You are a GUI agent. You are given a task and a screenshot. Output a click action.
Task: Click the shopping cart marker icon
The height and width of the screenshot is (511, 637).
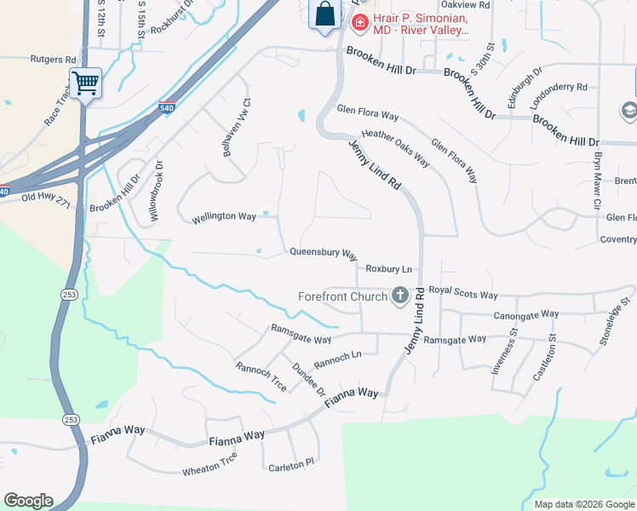pos(85,83)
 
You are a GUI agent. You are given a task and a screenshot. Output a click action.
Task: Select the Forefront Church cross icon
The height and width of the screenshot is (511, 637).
pos(399,296)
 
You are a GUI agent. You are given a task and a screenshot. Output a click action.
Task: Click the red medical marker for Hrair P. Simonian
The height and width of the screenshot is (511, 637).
pos(360,21)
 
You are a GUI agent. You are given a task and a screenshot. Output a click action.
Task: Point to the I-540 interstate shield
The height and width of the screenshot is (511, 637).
pos(167,108)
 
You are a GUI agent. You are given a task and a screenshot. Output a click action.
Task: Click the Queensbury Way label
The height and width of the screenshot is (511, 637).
pos(323,253)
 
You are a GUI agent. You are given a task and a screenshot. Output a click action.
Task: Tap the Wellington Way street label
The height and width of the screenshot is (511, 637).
pos(223,216)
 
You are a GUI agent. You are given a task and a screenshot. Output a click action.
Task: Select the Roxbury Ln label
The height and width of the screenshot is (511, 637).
pos(388,268)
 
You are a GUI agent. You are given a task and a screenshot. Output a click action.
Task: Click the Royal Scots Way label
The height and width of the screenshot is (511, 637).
pos(462,295)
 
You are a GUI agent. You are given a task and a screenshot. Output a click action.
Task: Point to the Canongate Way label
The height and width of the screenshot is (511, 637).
pos(526,314)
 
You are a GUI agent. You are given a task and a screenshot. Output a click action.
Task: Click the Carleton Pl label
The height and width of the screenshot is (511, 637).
pos(292,467)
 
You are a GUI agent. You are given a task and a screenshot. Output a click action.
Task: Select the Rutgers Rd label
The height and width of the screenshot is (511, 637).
pos(54,60)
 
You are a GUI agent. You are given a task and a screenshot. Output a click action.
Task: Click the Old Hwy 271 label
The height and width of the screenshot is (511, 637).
pos(43,198)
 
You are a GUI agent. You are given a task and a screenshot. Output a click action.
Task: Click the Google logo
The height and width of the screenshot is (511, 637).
pos(28,501)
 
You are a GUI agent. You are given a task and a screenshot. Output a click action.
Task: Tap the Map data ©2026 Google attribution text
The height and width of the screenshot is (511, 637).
pos(584,504)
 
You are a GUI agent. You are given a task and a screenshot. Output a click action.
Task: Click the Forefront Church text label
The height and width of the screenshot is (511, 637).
pos(342,297)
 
